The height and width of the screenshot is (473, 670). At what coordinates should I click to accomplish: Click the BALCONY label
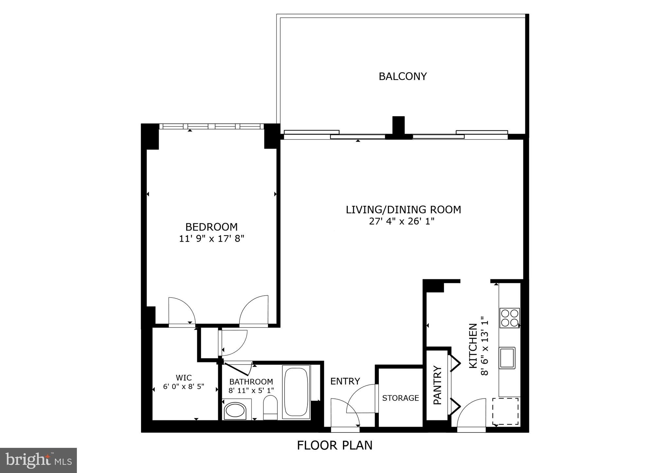[x=402, y=76]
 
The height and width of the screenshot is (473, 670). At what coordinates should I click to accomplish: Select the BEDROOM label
[x=211, y=227]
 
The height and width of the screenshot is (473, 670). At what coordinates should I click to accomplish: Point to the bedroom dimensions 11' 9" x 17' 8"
[x=211, y=239]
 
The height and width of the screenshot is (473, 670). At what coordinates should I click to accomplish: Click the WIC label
[x=184, y=378]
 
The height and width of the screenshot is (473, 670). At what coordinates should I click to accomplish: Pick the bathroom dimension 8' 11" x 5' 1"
[x=251, y=390]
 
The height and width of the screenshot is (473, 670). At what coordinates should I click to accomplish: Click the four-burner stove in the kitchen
[x=509, y=318]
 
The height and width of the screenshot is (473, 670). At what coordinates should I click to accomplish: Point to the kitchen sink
[x=507, y=358]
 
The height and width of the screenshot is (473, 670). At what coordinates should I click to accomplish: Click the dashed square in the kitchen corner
[x=505, y=411]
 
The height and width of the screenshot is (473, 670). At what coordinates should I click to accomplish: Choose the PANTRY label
[x=437, y=385]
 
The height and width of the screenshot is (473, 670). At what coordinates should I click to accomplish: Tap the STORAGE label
[x=400, y=398]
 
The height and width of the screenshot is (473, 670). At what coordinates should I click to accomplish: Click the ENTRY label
[x=345, y=381]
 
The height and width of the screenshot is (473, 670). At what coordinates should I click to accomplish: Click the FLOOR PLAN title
[x=334, y=446]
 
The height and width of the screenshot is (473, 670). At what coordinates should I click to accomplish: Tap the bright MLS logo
[x=38, y=460]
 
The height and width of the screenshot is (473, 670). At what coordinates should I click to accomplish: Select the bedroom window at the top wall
[x=211, y=126]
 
